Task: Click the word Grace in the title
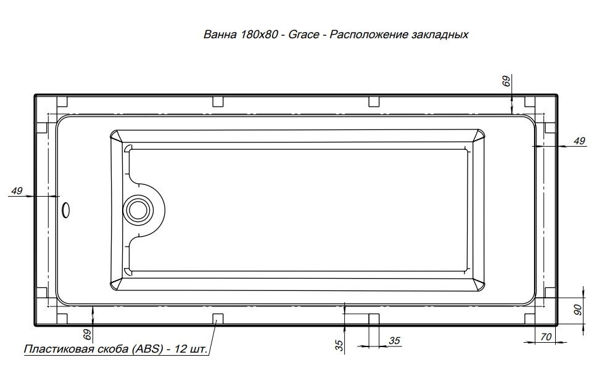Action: coord(303,35)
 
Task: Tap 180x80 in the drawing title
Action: coord(259,35)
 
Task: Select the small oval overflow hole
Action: coord(65,210)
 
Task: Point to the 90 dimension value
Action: coord(578,309)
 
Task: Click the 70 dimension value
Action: coord(545,337)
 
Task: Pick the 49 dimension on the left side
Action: coord(17,190)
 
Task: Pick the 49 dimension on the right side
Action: coord(579,141)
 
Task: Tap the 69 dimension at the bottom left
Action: coord(88,335)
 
